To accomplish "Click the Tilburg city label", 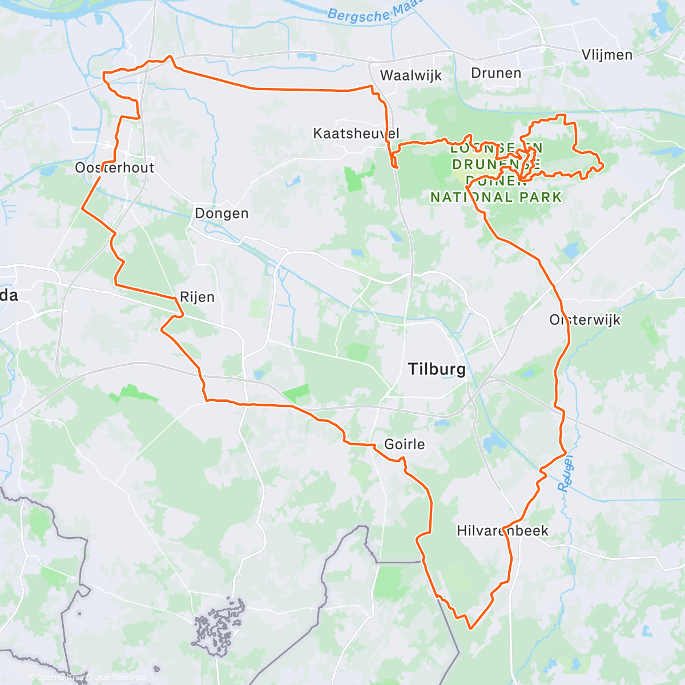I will click(437, 369).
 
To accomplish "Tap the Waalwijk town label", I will click(410, 75).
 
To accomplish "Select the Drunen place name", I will click(496, 73).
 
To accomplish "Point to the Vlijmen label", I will click(607, 55).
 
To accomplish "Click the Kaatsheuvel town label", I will click(356, 134).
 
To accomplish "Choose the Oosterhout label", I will click(115, 167).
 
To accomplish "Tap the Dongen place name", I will click(221, 213).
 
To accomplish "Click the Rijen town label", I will click(197, 297).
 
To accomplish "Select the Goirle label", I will click(404, 444).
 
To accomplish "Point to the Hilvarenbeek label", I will click(502, 530).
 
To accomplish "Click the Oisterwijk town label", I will click(585, 320).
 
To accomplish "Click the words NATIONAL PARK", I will click(495, 198).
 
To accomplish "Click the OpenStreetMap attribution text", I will click(119, 678).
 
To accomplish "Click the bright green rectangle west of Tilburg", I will click(297, 393).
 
